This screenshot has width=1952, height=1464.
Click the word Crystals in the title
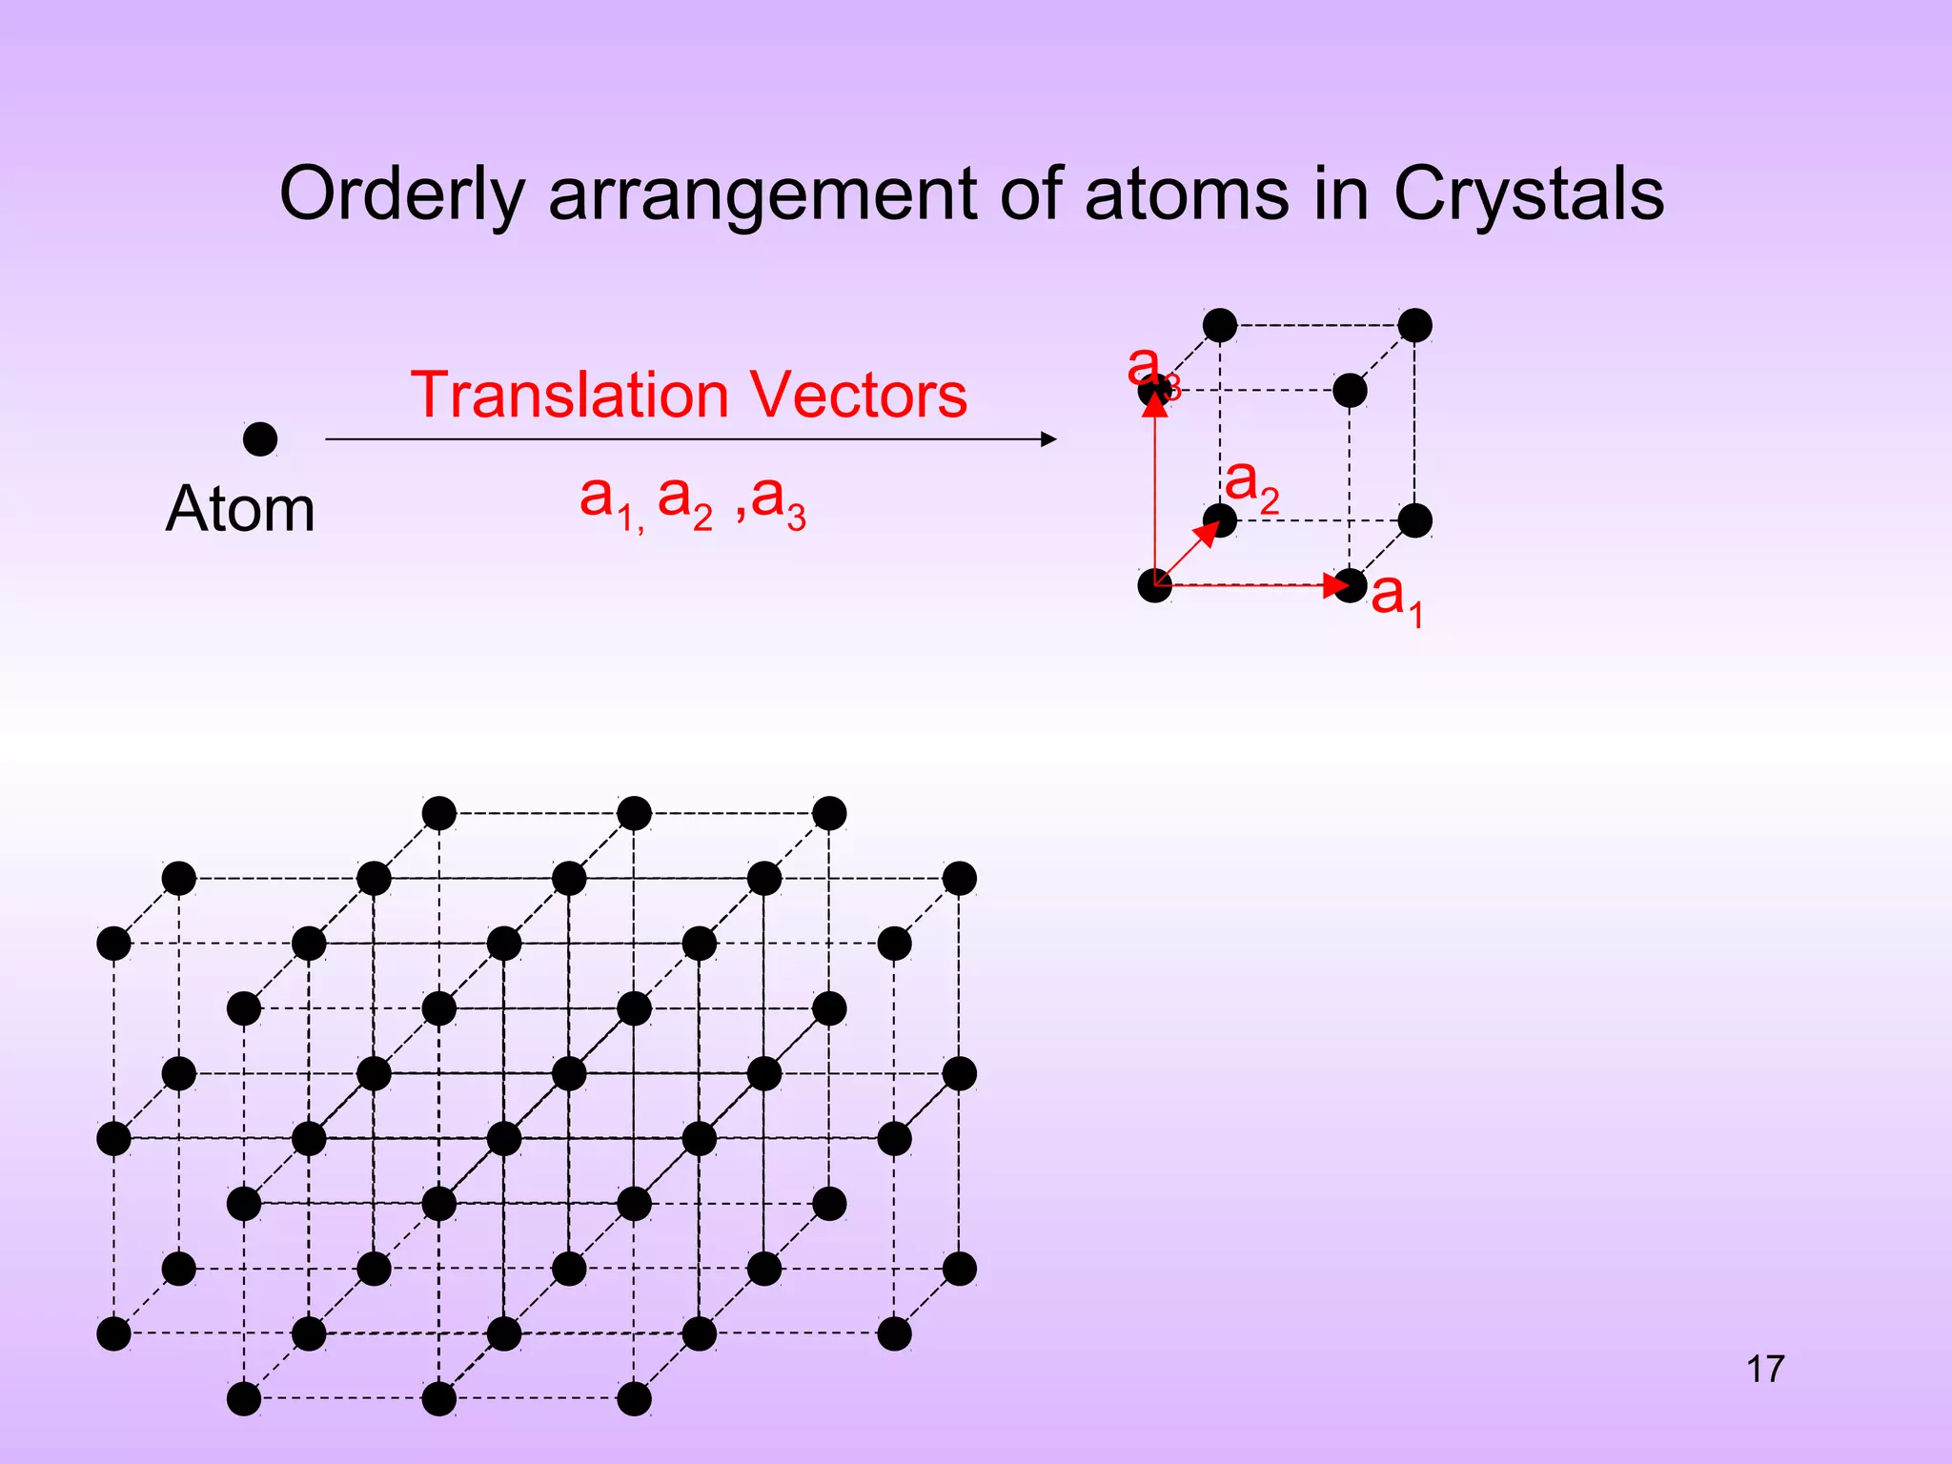(1528, 195)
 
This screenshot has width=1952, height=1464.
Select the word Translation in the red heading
(568, 395)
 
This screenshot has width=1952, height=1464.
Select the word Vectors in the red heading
(858, 395)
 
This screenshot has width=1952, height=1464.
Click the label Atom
(239, 509)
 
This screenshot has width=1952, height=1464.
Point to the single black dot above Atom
(260, 439)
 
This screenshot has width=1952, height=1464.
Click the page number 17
(1765, 1370)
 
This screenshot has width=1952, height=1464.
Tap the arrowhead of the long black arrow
(1048, 439)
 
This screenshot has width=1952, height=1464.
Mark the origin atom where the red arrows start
(1155, 585)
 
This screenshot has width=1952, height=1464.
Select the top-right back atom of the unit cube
(1415, 325)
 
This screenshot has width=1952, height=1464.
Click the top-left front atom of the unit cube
(1155, 391)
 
